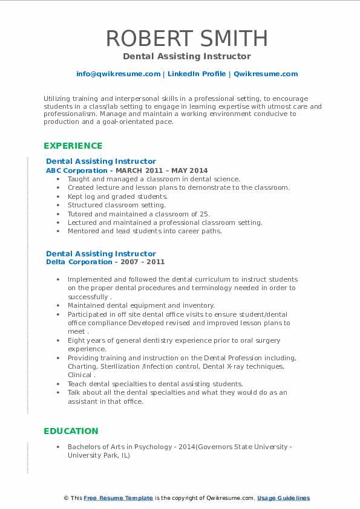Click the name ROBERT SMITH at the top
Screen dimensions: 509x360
186,38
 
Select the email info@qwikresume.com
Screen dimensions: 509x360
118,74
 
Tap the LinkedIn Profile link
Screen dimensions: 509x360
197,74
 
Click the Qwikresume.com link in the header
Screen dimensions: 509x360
266,74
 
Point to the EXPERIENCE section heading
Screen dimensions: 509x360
73,146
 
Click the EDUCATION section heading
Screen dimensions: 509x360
71,431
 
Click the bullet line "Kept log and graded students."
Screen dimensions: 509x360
117,196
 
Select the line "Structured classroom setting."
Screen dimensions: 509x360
117,205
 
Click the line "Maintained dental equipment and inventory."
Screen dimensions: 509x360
141,305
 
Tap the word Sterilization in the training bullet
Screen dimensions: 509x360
118,366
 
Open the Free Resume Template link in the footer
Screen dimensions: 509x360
118,498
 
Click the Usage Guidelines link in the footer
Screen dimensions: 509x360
283,498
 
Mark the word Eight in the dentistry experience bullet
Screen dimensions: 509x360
77,340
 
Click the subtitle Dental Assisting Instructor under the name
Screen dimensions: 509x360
186,56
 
